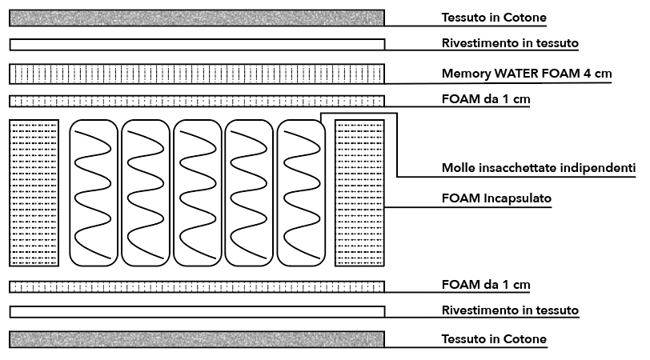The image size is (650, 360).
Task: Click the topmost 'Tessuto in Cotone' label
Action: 494,17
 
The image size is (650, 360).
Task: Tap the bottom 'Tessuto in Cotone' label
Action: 494,339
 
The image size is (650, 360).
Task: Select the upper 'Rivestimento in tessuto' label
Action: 510,43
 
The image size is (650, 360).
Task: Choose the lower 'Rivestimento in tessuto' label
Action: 510,310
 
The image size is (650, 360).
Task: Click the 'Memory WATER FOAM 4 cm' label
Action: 527,74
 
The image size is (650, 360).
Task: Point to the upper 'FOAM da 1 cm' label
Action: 486,100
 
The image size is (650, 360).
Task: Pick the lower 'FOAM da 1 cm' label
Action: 486,285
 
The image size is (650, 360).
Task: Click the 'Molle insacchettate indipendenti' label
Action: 539,169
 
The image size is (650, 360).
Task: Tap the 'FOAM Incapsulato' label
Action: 496,198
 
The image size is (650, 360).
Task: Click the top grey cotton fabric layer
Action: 197,17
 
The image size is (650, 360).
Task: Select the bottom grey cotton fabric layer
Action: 197,339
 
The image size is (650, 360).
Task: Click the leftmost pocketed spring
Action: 94,193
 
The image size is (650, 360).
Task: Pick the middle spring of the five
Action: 197,193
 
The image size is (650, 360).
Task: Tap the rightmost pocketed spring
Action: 300,193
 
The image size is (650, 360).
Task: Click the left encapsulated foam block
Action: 34,193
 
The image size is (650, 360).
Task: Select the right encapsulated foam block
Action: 359,193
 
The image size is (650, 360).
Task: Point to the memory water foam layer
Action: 197,74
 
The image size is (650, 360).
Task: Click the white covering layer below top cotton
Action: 197,44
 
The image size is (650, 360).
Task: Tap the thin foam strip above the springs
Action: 197,101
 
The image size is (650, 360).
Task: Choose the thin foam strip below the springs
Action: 197,286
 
